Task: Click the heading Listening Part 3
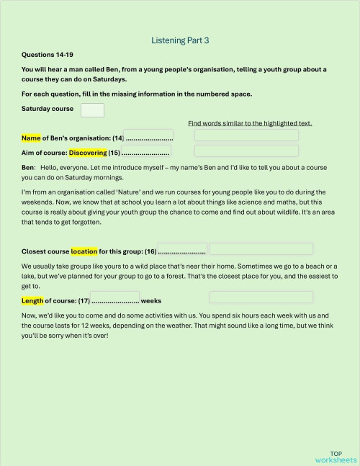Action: tap(180, 41)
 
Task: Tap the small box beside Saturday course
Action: tap(92, 110)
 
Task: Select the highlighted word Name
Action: tap(31, 138)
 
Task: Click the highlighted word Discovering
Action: tap(88, 153)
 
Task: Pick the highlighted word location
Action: tap(84, 252)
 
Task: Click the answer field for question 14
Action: tap(246, 135)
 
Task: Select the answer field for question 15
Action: tap(246, 151)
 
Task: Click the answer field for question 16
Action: tap(261, 249)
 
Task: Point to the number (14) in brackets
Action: tap(118, 138)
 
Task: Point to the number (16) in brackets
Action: tap(150, 252)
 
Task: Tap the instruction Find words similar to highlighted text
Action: tap(250, 123)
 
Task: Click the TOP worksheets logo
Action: tap(336, 456)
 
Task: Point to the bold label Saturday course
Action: tap(48, 109)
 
